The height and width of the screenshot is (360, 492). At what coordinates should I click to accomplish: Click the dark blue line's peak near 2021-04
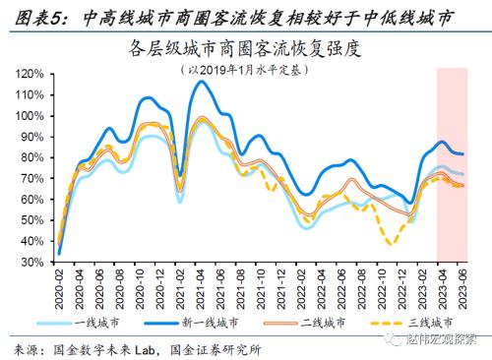click(x=202, y=82)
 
